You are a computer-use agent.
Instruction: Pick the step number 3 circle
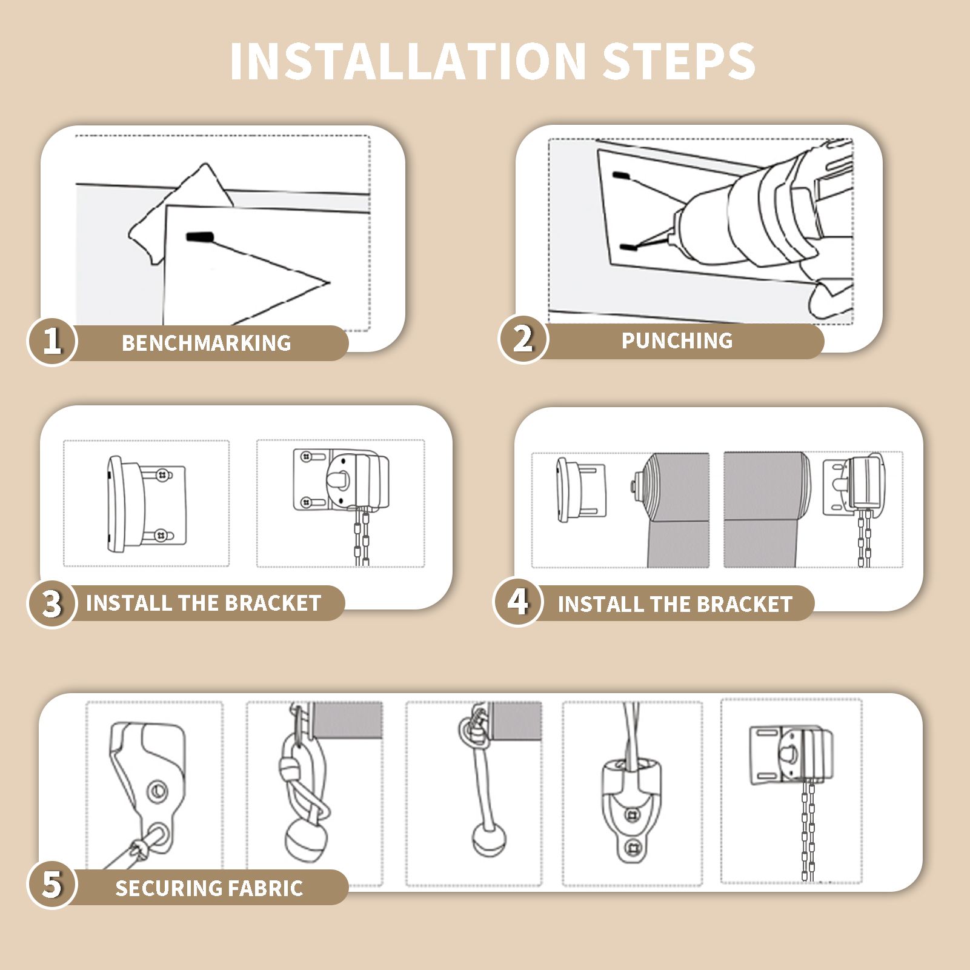point(52,603)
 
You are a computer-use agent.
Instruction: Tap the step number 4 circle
point(517,602)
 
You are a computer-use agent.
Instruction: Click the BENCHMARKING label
point(207,343)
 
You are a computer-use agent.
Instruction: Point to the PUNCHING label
point(677,340)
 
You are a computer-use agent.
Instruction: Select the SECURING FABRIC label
point(209,888)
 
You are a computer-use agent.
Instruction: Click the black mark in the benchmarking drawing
point(201,238)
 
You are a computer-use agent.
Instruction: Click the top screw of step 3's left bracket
point(162,476)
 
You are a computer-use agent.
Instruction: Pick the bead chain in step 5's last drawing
point(808,828)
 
